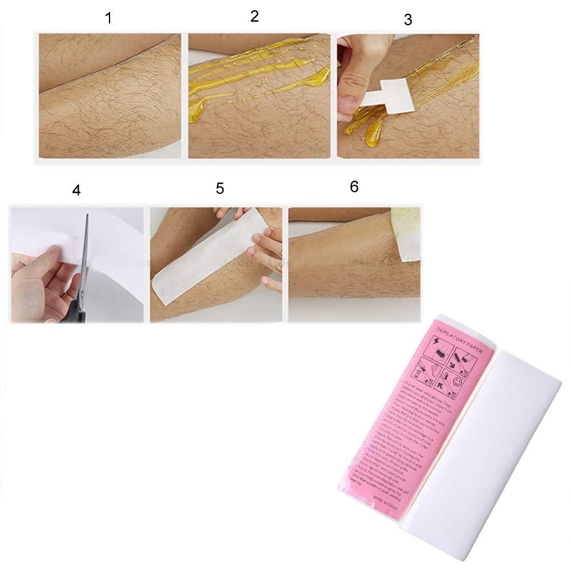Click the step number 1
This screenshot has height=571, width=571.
pyautogui.click(x=108, y=18)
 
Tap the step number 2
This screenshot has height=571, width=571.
pyautogui.click(x=254, y=16)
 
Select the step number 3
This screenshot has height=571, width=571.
pyautogui.click(x=407, y=19)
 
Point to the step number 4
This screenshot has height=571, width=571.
pyautogui.click(x=76, y=190)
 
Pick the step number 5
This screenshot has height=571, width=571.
pyautogui.click(x=220, y=188)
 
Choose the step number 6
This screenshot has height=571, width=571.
pyautogui.click(x=354, y=187)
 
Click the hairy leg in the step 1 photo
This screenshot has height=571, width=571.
pyautogui.click(x=108, y=97)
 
